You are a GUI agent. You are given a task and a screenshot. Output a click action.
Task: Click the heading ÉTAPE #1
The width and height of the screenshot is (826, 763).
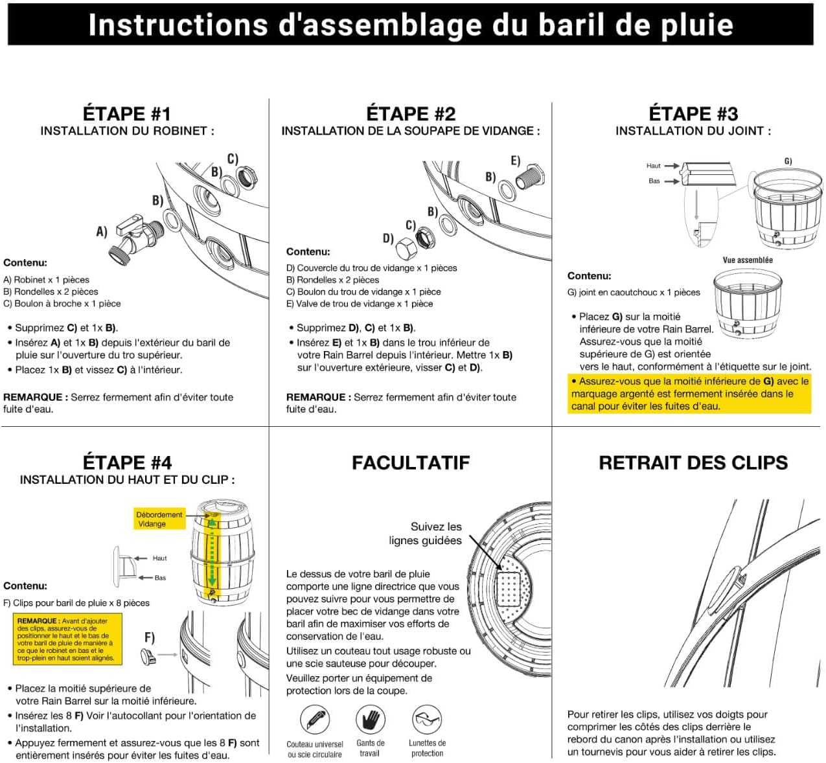(x=126, y=114)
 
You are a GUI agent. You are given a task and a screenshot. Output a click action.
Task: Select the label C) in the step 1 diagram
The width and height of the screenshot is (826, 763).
(x=232, y=158)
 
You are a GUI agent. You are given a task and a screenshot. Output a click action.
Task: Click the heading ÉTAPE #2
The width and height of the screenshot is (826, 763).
(x=411, y=114)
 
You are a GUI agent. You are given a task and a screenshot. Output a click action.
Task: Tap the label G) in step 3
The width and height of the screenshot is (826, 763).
(x=788, y=161)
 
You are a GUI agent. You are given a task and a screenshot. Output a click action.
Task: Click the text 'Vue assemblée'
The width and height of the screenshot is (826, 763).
(x=748, y=260)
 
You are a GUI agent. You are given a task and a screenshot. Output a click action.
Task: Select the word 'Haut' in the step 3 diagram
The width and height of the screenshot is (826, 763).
(x=653, y=166)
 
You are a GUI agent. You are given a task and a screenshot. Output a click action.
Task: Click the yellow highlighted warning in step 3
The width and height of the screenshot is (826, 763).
(x=689, y=394)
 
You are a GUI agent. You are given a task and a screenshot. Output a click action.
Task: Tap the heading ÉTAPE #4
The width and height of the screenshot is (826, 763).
(x=127, y=462)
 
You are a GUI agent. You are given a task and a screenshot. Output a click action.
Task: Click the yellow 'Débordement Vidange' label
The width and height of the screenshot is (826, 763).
(x=159, y=519)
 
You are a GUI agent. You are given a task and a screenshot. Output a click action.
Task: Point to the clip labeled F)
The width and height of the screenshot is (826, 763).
(x=148, y=657)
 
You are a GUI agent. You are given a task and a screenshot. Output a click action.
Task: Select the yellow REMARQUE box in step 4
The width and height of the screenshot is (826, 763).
(x=67, y=639)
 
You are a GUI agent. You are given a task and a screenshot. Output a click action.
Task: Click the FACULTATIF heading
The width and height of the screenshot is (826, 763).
(x=411, y=462)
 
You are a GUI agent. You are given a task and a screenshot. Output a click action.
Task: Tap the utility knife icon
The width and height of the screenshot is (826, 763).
(x=315, y=720)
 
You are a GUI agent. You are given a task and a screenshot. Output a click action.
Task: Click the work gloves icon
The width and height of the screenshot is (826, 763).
(x=371, y=719)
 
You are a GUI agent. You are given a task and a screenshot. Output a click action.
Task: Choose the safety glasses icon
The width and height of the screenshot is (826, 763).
(x=427, y=719)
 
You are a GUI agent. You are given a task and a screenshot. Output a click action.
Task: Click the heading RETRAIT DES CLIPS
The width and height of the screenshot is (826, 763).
(x=693, y=462)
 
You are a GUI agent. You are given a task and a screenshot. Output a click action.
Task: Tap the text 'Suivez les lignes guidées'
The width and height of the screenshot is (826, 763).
(x=426, y=533)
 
